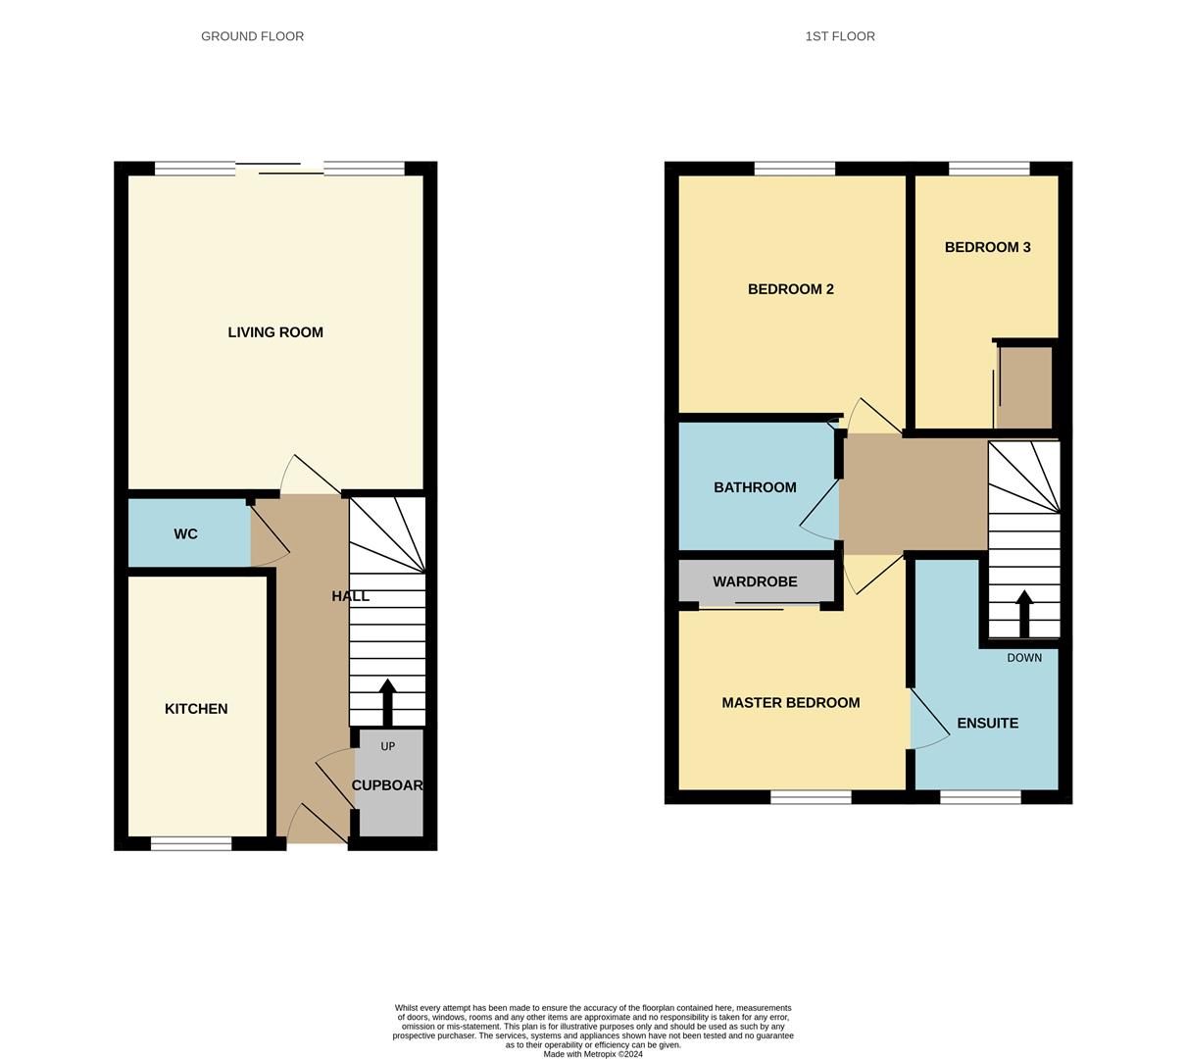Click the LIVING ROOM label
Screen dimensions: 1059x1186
275,332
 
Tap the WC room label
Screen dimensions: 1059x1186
185,534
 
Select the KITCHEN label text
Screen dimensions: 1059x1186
196,709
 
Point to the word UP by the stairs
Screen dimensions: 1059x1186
388,746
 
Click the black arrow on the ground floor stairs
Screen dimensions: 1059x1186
387,701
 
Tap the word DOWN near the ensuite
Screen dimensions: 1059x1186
1024,658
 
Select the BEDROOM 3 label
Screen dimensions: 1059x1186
987,247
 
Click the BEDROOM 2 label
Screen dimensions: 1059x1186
790,289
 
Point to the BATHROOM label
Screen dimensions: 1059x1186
755,487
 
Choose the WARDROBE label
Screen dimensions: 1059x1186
755,581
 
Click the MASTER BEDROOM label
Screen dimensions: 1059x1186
790,703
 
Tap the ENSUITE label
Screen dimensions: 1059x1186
987,724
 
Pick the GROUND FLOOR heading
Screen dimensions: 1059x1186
252,36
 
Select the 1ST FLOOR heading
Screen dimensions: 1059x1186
840,36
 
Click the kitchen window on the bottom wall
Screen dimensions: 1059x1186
191,843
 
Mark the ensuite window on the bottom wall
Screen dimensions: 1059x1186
980,797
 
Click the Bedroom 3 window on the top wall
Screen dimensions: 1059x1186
989,169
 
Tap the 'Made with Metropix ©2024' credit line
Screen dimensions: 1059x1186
593,1054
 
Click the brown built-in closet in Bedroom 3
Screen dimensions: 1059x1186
1025,387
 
